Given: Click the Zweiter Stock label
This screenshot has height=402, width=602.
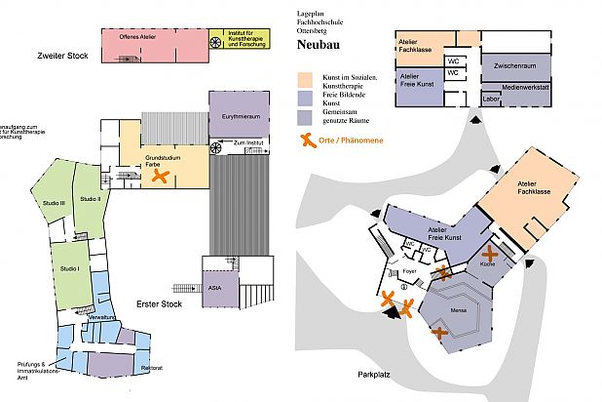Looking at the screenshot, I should click(x=61, y=56).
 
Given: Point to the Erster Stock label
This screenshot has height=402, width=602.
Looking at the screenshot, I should click(x=160, y=303).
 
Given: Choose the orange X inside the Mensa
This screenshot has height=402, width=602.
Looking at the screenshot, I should click(x=440, y=335).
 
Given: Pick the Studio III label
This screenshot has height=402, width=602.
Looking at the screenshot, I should click(x=55, y=202).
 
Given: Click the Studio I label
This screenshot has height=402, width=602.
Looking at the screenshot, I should click(x=68, y=268).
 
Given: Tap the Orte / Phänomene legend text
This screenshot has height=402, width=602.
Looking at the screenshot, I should click(x=353, y=141).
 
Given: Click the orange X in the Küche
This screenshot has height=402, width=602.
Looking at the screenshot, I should click(x=489, y=256).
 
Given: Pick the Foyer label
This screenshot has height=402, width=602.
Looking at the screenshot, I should click(x=409, y=261).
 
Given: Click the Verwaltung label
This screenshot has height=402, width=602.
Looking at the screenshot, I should click(x=103, y=319).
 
